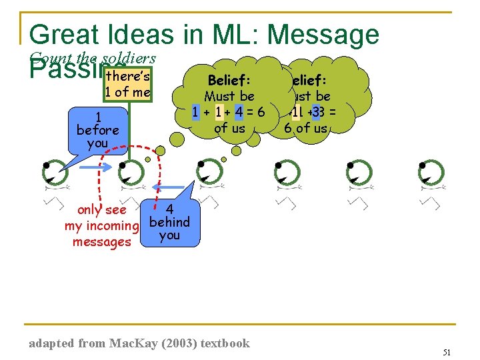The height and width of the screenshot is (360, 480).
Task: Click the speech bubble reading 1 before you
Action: click(x=97, y=129)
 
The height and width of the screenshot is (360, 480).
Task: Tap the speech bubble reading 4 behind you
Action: click(x=169, y=221)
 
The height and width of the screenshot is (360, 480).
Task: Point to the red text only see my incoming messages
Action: click(x=101, y=226)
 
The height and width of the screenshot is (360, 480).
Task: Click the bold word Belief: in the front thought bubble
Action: click(x=229, y=81)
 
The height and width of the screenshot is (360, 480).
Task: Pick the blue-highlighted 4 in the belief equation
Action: click(x=239, y=111)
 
